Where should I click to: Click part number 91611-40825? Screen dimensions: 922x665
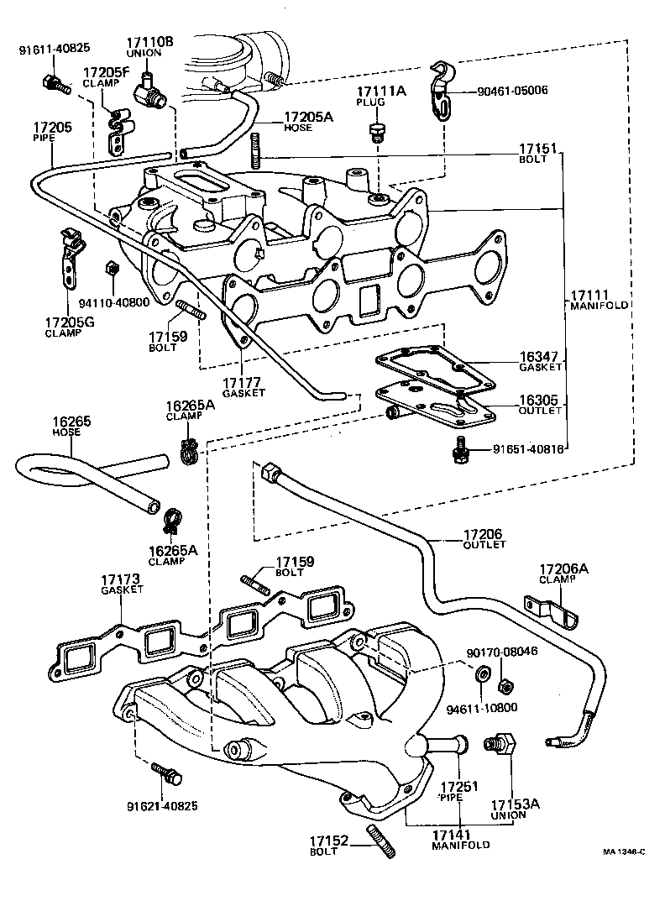pyautogui.click(x=55, y=48)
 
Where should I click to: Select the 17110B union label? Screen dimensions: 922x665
pyautogui.click(x=149, y=47)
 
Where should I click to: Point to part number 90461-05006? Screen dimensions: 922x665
pyautogui.click(x=500, y=90)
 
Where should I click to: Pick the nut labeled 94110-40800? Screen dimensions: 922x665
pyautogui.click(x=109, y=269)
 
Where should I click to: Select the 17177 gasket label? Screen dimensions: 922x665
pyautogui.click(x=243, y=386)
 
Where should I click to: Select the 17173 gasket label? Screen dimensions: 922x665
pyautogui.click(x=120, y=585)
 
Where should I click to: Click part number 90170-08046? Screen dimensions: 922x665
pyautogui.click(x=501, y=652)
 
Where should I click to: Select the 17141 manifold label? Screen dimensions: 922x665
pyautogui.click(x=460, y=839)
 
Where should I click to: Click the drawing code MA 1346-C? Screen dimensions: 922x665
pyautogui.click(x=623, y=851)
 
